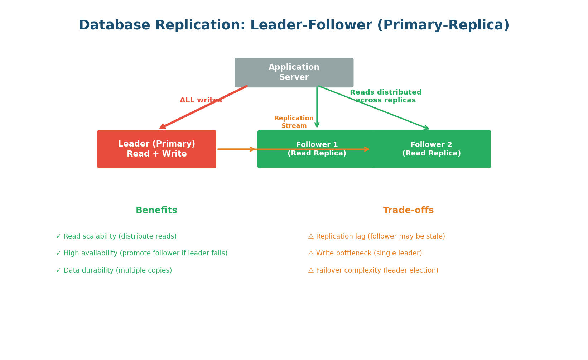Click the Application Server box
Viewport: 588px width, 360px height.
294,72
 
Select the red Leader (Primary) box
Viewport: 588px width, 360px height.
156,149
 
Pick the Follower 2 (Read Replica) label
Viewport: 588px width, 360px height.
431,149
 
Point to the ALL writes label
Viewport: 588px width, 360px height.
201,100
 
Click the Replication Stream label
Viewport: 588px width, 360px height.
294,122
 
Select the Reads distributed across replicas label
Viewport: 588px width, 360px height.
385,96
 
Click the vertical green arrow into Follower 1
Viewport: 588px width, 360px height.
317,107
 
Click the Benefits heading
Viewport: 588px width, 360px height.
156,211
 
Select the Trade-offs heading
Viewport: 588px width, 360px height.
408,211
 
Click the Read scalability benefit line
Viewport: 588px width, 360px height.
116,236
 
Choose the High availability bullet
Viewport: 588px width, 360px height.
142,253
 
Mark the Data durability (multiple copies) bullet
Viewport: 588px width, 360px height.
114,270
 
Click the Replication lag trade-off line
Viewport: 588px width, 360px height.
376,236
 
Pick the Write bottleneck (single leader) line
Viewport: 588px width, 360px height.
365,253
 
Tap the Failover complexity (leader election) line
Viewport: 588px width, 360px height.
373,270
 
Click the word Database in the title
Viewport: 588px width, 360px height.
115,25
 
